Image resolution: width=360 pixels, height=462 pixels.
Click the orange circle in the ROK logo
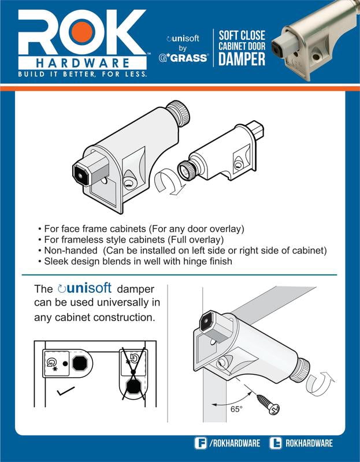pos(81,32)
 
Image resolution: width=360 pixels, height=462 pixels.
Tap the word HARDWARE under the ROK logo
pos(83,63)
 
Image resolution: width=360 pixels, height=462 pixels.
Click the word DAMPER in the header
pos(242,59)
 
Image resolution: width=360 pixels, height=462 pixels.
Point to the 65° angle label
pos(236,409)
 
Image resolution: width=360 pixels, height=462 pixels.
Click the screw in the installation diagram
pos(268,404)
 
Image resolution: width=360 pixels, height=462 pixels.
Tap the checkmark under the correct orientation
pos(65,391)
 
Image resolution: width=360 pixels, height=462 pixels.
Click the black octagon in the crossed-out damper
pos(133,386)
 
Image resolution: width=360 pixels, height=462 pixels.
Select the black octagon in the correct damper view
pos(80,363)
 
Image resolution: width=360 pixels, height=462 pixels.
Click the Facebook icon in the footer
pos(201,443)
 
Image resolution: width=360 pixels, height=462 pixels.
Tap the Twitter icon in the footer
pos(276,443)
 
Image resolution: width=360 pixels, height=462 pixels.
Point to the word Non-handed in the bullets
pos(70,251)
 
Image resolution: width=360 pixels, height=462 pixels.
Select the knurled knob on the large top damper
pos(179,113)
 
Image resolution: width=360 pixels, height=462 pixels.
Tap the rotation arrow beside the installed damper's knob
pos(320,383)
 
